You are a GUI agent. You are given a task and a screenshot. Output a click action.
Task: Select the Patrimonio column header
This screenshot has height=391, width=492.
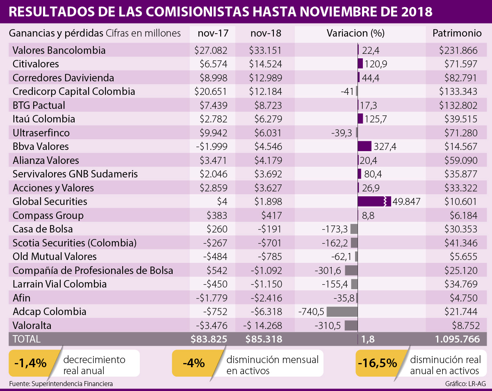click(x=455, y=34)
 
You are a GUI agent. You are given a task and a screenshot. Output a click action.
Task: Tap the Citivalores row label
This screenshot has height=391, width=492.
click(x=36, y=64)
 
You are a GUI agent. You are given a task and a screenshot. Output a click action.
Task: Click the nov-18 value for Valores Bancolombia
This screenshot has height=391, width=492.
click(x=265, y=51)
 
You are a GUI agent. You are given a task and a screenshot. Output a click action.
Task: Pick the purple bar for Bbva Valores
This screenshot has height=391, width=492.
click(x=364, y=147)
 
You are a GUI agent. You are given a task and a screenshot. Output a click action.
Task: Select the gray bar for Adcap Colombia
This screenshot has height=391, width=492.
click(x=342, y=312)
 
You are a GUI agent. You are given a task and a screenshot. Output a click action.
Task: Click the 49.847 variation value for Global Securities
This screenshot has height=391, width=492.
click(x=406, y=202)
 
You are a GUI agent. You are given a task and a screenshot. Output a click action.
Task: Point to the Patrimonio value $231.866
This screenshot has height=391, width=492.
click(x=458, y=51)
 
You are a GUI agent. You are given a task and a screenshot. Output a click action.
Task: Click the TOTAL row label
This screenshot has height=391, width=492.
click(x=27, y=339)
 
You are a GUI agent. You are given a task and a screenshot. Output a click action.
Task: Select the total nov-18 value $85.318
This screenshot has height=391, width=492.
click(x=264, y=339)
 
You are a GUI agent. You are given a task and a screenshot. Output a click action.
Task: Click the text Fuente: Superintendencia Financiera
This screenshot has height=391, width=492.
click(x=61, y=384)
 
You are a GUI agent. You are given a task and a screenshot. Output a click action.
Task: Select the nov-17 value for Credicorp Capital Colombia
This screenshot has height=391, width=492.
click(x=210, y=92)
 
